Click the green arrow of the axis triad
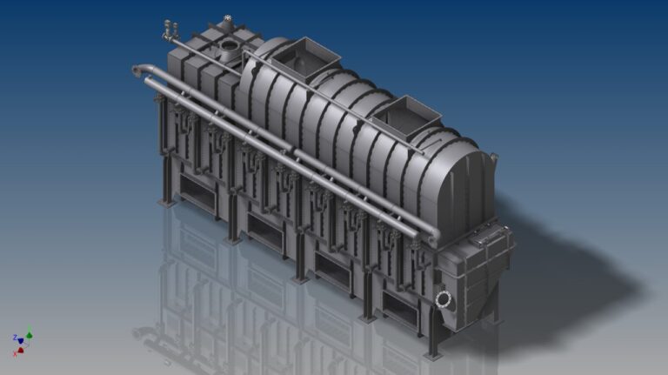point(29,332)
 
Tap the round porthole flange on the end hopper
point(444,299)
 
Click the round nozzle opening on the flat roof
point(230,44)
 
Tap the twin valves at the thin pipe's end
point(167,29)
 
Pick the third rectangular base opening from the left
point(331,264)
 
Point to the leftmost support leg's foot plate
point(164,201)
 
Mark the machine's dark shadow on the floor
point(565,278)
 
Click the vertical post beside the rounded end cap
point(493,174)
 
